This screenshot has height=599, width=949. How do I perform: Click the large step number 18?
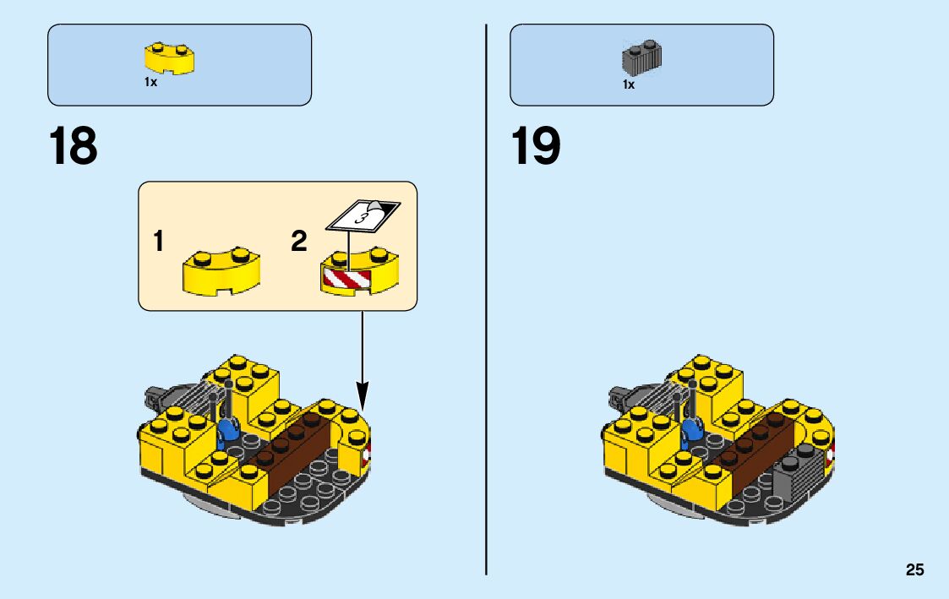tap(74, 146)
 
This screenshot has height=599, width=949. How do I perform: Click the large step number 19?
tap(536, 146)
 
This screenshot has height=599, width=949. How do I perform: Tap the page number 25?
tap(914, 570)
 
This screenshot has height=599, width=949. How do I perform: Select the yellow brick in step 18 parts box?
tap(169, 58)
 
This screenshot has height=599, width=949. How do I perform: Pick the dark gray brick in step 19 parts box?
tap(641, 57)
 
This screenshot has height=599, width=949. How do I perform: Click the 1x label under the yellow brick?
tap(150, 83)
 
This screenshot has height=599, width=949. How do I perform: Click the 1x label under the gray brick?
tap(629, 84)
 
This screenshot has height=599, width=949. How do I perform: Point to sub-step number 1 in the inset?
tap(159, 242)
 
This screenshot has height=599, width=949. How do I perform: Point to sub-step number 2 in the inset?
tap(298, 242)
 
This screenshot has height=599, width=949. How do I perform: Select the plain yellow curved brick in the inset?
tap(222, 271)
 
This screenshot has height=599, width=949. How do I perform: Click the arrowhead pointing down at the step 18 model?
tap(363, 394)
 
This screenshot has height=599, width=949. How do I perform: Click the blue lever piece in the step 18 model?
tap(227, 433)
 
